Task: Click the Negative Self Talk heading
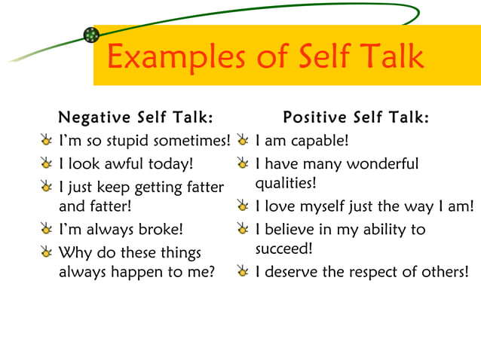[x=136, y=117]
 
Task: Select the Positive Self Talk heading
[x=356, y=117]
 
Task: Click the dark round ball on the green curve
[x=91, y=35]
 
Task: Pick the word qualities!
[x=286, y=183]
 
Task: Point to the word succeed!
[x=283, y=248]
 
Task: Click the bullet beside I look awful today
[x=48, y=163]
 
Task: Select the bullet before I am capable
[x=242, y=141]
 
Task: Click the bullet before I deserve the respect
[x=242, y=271]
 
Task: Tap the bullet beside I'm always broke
[x=48, y=228]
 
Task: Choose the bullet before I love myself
[x=242, y=206]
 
